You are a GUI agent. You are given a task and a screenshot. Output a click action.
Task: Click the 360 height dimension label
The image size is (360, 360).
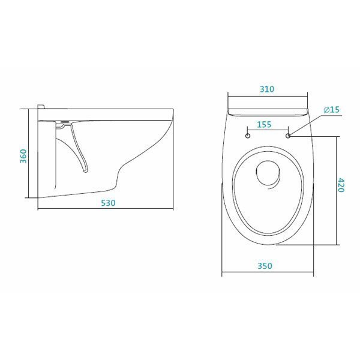click(x=23, y=157)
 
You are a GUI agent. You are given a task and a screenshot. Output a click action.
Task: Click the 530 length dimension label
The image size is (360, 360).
click(x=108, y=203)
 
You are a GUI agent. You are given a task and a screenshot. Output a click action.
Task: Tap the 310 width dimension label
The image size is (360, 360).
click(x=267, y=89)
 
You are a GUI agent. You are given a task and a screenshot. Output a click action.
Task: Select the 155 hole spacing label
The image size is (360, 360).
click(x=264, y=124)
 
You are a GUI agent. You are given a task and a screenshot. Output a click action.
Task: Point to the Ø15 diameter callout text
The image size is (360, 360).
click(x=332, y=110)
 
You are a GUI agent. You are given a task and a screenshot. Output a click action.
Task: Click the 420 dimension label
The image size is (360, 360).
click(x=341, y=185)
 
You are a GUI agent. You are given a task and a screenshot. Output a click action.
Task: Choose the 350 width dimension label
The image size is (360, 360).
click(x=265, y=266)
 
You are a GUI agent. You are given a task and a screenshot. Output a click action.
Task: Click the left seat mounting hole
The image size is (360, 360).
click(x=248, y=136)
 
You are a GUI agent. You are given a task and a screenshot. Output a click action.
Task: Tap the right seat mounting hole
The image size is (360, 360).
click(x=288, y=136)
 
